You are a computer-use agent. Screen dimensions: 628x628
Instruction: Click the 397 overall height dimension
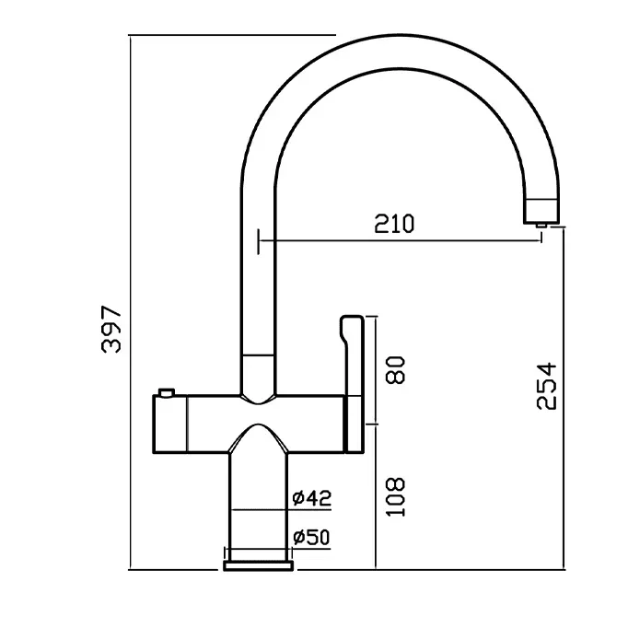tap(111, 330)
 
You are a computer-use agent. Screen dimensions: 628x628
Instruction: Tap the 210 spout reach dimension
tap(394, 224)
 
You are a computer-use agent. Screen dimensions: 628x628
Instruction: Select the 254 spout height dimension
tap(546, 386)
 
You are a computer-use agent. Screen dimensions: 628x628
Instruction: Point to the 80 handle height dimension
tap(396, 370)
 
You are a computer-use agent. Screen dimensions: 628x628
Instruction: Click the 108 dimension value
tap(396, 497)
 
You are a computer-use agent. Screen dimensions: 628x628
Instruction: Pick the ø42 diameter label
tap(312, 498)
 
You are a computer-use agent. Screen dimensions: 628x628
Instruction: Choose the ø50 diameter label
tap(311, 537)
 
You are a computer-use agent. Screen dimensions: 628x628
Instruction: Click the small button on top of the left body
tap(167, 391)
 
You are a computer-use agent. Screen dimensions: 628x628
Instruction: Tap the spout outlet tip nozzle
tap(541, 226)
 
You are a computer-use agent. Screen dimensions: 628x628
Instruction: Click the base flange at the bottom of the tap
tap(259, 565)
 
